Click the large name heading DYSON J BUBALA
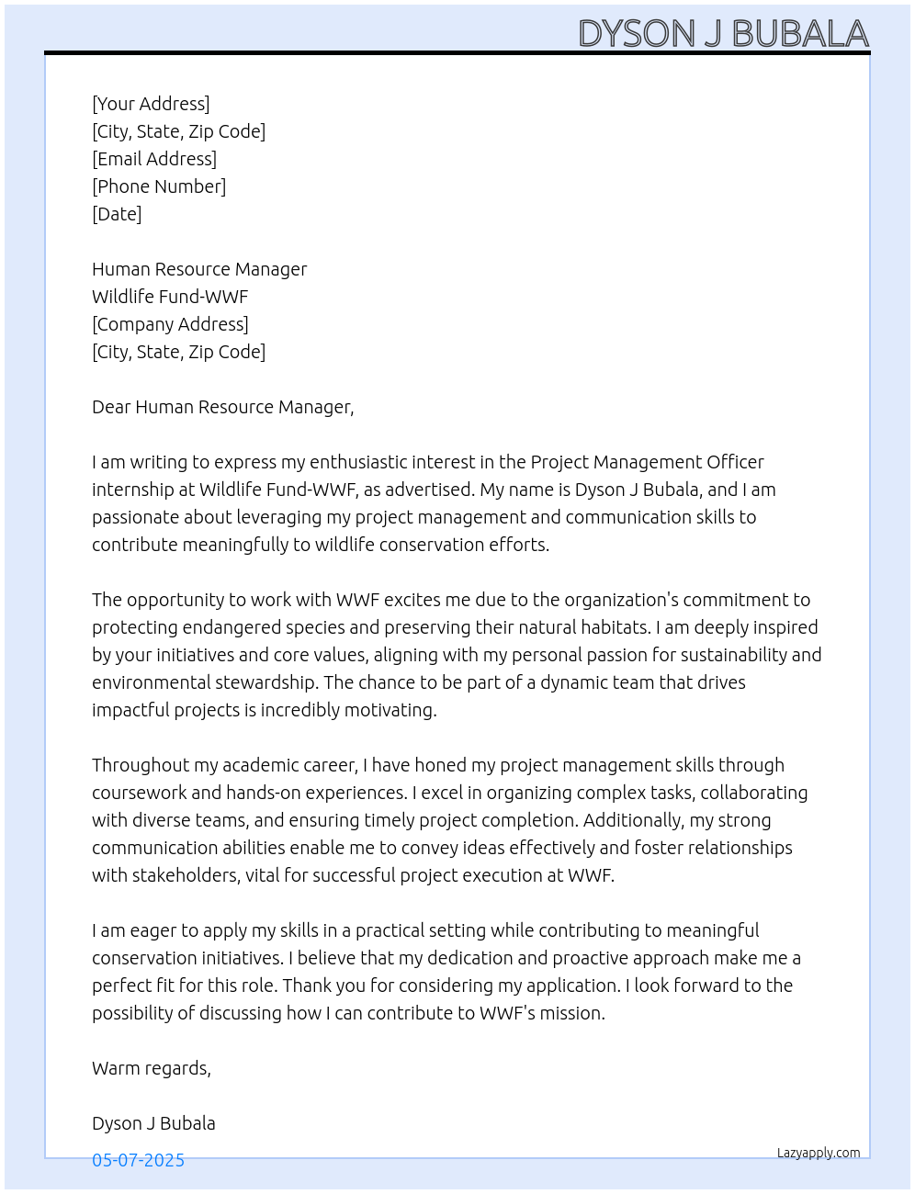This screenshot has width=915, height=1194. pos(723,33)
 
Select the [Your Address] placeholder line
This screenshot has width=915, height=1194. pos(151,104)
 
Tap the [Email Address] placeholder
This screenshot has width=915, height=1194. pos(154,159)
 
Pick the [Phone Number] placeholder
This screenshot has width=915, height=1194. pos(159,186)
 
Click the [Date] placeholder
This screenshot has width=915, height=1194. pos(117,214)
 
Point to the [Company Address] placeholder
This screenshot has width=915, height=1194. pos(170,324)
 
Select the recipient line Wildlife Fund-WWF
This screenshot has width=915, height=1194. pos(170,297)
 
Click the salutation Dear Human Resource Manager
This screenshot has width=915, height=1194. pos(222,407)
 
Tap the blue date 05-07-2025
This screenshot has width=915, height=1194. pos(138,1160)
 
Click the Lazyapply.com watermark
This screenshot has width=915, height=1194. pos(819,1153)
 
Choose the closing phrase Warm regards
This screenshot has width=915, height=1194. pos(151,1068)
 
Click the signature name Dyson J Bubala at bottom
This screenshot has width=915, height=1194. pos(153,1123)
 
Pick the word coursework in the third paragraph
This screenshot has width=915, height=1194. pos(139,793)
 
